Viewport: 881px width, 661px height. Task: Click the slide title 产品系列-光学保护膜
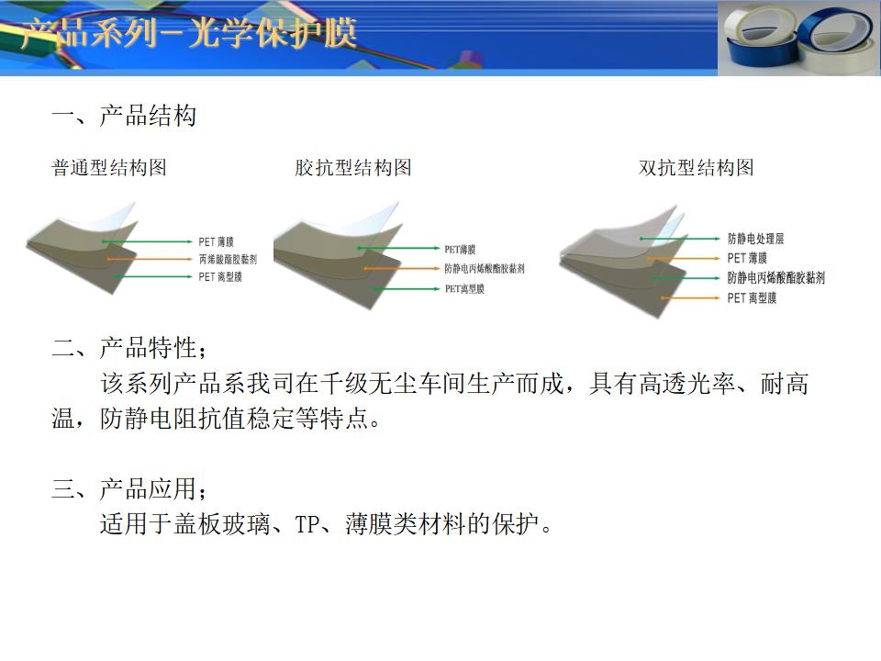(189, 33)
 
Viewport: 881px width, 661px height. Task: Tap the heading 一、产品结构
(124, 116)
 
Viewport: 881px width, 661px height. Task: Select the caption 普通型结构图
(109, 167)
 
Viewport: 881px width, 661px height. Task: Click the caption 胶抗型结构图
(353, 167)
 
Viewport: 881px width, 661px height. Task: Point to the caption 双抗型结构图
(697, 167)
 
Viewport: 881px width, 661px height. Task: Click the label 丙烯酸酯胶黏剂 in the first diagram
(228, 259)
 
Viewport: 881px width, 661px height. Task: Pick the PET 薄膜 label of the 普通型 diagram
(216, 241)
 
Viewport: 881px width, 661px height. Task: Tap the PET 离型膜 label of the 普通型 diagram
(220, 276)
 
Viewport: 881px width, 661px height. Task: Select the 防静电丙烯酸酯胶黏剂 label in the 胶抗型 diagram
(485, 269)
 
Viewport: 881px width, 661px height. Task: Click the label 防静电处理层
(755, 239)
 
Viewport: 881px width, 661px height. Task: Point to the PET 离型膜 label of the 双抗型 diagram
(752, 297)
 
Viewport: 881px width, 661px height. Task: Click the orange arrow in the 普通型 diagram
(150, 259)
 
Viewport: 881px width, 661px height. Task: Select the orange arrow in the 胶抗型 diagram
(401, 269)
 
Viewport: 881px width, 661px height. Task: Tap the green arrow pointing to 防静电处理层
(680, 239)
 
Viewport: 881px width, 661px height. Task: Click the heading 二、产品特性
(129, 348)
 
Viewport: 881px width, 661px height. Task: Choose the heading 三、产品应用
(129, 488)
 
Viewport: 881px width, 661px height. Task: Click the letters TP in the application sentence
(307, 524)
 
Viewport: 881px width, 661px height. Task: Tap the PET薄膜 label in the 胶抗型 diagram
(460, 249)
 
